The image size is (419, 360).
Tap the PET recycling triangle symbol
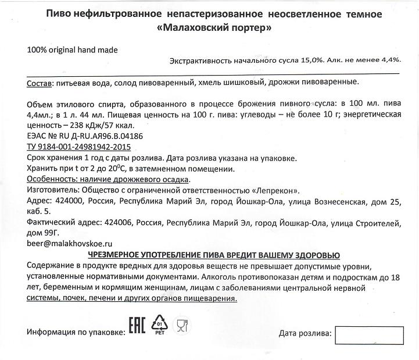pyautogui.click(x=159, y=326)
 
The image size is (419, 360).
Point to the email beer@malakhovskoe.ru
pyautogui.click(x=69, y=244)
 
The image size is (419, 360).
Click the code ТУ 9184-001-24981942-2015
pyautogui.click(x=79, y=148)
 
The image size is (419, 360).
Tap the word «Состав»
pyautogui.click(x=39, y=84)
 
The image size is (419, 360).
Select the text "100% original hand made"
pyautogui.click(x=72, y=50)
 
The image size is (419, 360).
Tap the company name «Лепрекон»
pyautogui.click(x=276, y=191)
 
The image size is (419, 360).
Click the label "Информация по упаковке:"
pyautogui.click(x=76, y=332)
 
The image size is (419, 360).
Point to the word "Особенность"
pyautogui.click(x=52, y=180)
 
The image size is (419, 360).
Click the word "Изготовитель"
pyautogui.click(x=52, y=191)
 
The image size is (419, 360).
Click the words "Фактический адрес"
pyautogui.click(x=63, y=223)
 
